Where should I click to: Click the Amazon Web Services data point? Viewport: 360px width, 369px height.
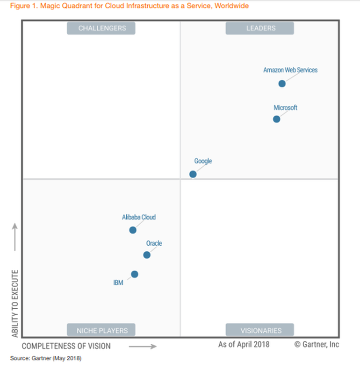click(x=282, y=84)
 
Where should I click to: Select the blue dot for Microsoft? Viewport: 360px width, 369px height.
click(x=277, y=119)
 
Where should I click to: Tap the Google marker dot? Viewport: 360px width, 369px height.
click(x=193, y=174)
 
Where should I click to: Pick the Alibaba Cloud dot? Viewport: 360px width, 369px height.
click(x=133, y=230)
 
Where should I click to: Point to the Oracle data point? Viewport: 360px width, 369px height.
click(x=147, y=255)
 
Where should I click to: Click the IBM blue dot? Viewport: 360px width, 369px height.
click(x=135, y=274)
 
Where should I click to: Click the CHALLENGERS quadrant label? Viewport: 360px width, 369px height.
click(x=101, y=28)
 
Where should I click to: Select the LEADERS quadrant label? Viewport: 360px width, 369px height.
click(x=260, y=28)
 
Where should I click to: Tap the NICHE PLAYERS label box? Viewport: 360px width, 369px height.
click(x=101, y=330)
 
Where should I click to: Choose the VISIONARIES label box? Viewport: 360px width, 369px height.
click(x=260, y=330)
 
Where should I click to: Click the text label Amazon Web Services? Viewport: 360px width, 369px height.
click(x=290, y=70)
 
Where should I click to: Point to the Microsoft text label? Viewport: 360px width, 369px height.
click(x=285, y=107)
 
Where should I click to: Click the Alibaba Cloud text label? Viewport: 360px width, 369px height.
click(x=139, y=217)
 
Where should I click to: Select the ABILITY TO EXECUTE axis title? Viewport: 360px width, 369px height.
click(x=15, y=303)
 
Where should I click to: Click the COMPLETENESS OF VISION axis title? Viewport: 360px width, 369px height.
click(x=66, y=346)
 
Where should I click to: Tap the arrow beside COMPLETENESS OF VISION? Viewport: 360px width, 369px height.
click(x=143, y=346)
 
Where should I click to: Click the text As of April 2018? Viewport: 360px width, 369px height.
click(x=244, y=345)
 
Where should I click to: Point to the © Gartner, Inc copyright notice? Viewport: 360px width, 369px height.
click(x=317, y=345)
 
